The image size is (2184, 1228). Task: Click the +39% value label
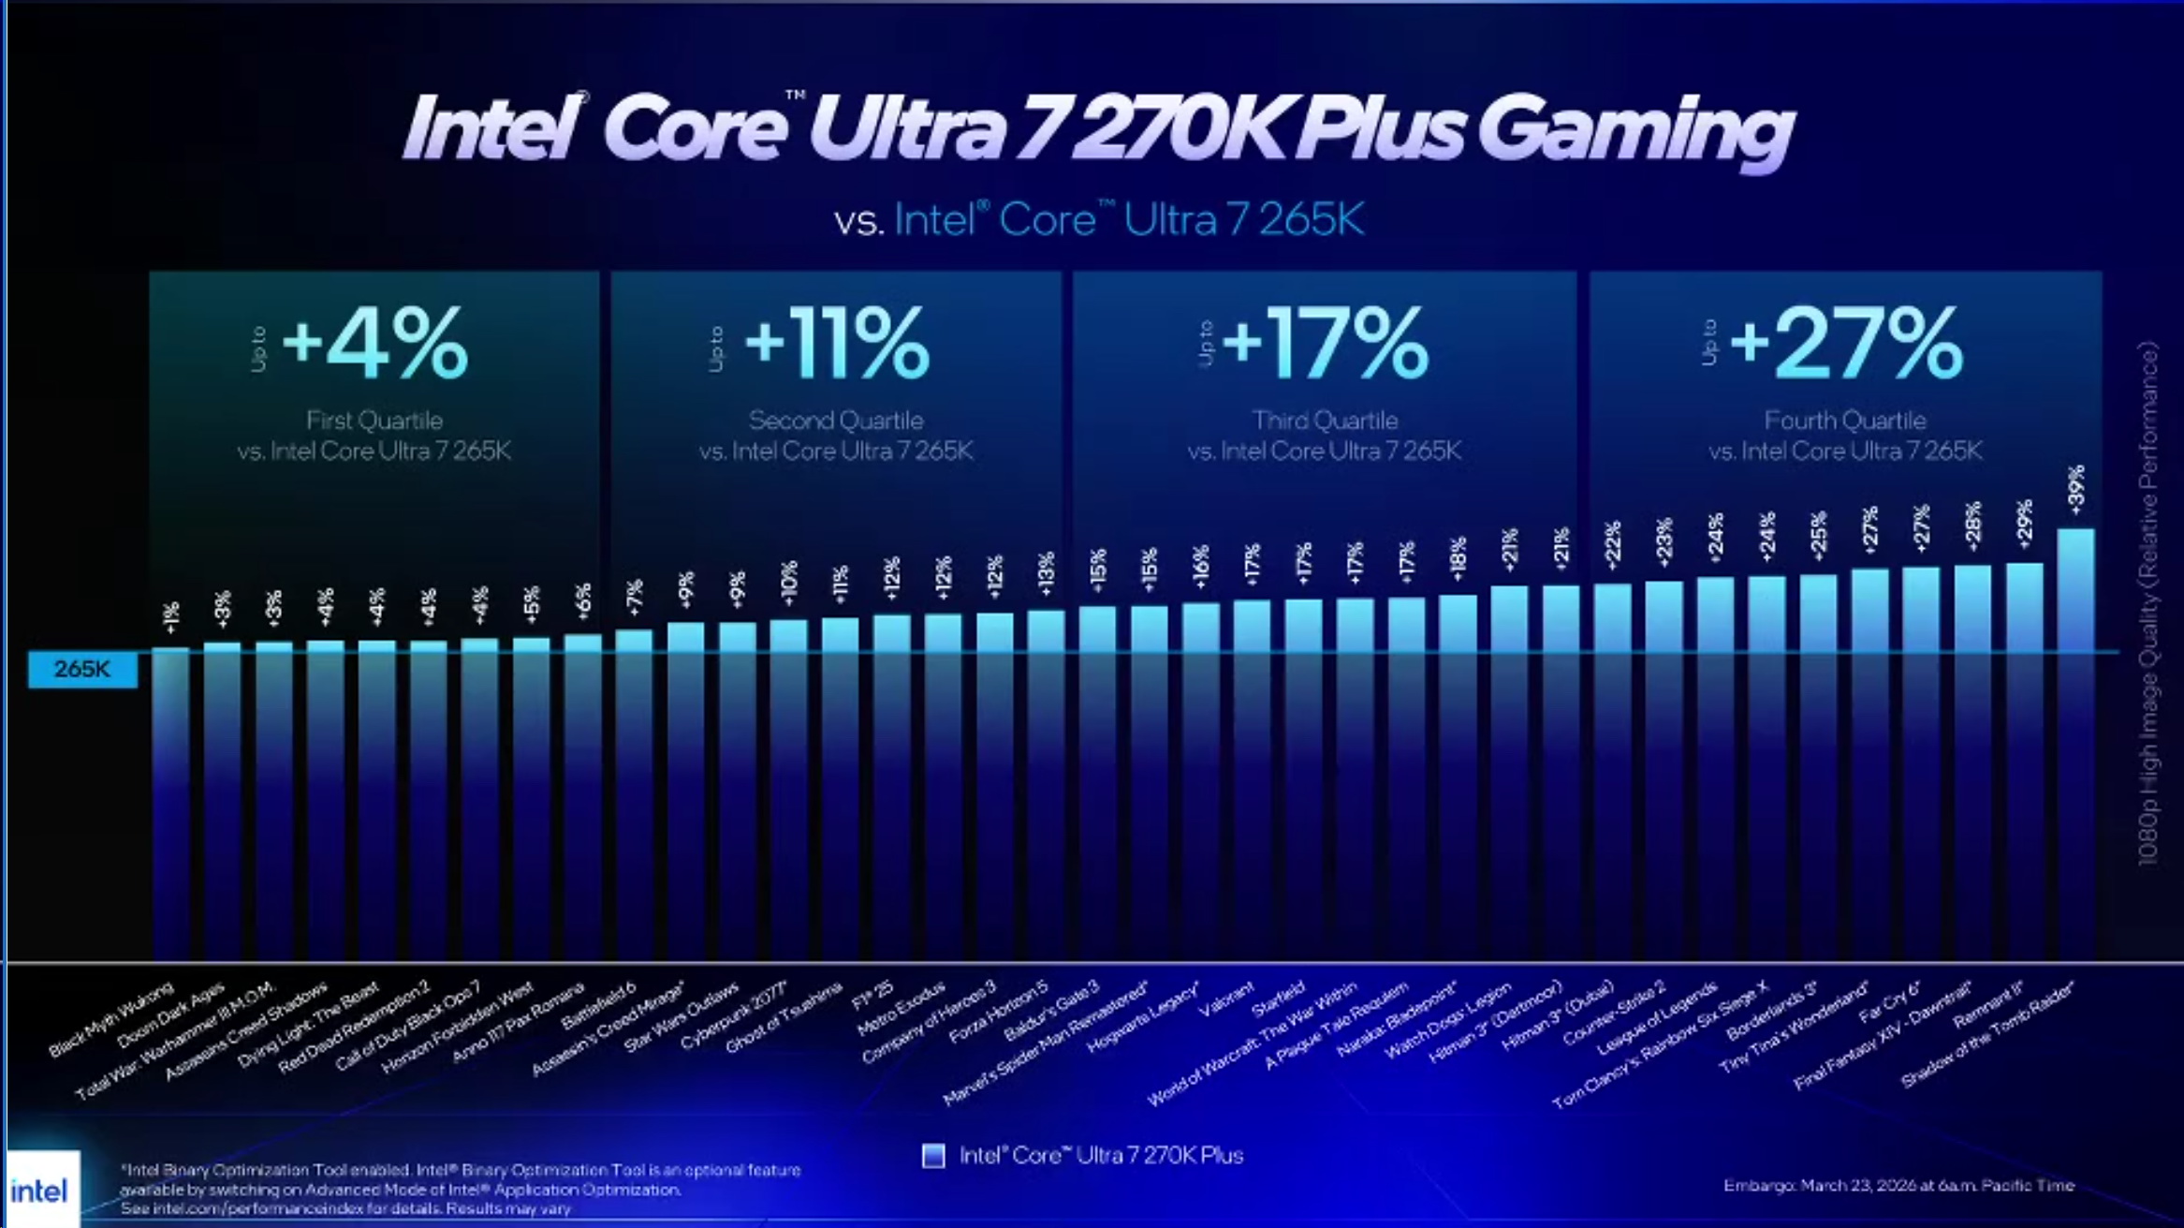[x=2075, y=489]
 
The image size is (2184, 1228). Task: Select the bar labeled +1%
[x=170, y=796]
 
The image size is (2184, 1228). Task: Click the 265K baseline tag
[x=82, y=669]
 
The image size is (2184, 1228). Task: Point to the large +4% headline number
[x=374, y=343]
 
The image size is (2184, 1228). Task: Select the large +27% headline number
[x=1846, y=343]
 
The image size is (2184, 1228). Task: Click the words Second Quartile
[x=836, y=421]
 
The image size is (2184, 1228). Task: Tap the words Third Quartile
[x=1325, y=421]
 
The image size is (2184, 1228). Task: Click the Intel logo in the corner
[x=39, y=1191]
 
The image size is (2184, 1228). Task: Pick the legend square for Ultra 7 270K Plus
[x=933, y=1156]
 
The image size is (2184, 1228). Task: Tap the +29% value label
[x=2024, y=524]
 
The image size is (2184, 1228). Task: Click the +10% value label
[x=788, y=583]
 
